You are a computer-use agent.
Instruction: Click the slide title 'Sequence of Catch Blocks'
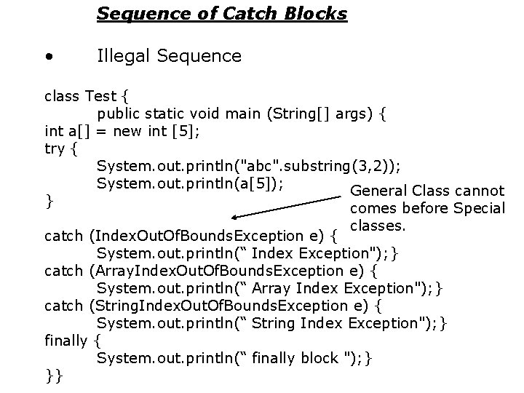click(222, 13)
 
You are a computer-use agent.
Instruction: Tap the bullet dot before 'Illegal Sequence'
click(48, 56)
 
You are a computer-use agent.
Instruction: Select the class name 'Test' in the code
click(100, 97)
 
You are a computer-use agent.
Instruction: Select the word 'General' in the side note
click(378, 191)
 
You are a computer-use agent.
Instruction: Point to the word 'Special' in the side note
click(478, 209)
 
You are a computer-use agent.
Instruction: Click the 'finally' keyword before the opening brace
click(67, 341)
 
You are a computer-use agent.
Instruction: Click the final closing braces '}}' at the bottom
click(54, 376)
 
